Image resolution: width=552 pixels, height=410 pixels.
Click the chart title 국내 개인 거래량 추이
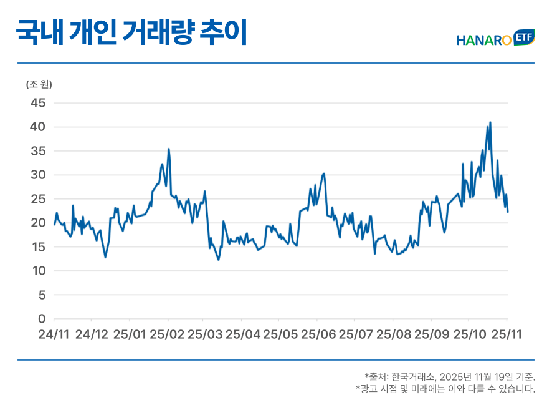(x=131, y=32)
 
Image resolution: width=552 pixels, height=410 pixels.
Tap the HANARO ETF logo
(x=495, y=39)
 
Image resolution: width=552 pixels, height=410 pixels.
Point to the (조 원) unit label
(x=39, y=84)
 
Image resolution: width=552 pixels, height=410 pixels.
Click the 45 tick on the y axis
(x=39, y=103)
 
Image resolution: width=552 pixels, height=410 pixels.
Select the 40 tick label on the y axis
(x=39, y=127)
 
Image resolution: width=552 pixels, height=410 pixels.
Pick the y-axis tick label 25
(x=39, y=199)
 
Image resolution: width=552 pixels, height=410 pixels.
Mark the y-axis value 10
(x=39, y=271)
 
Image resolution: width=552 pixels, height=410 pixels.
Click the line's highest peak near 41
(x=490, y=122)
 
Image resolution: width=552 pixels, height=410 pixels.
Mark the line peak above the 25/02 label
(x=168, y=149)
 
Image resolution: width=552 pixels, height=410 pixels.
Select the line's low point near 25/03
(x=218, y=260)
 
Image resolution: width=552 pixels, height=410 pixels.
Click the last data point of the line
(x=508, y=212)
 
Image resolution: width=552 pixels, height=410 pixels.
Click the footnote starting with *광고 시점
(x=445, y=389)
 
